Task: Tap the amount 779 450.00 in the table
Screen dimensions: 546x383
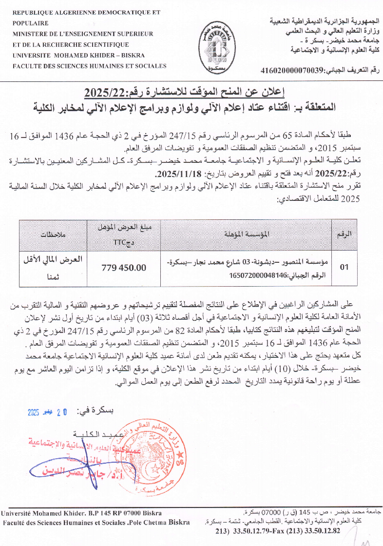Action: click(124, 268)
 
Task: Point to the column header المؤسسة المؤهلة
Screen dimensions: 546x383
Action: click(246, 234)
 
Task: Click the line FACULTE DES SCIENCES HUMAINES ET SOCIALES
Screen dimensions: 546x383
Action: click(90, 66)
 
